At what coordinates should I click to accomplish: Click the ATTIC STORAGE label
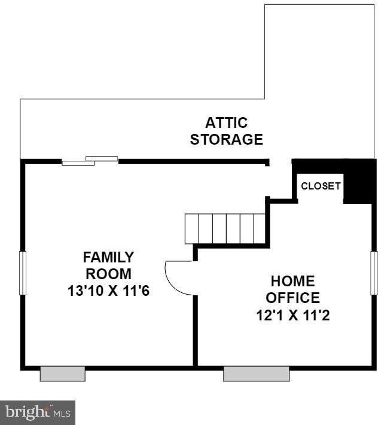tap(226, 132)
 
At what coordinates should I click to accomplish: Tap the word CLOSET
tap(321, 186)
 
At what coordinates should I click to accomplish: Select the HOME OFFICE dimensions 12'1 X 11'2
tap(293, 314)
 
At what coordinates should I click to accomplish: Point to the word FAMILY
tap(108, 258)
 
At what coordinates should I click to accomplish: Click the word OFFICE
tap(293, 298)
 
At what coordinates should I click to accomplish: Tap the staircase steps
tap(224, 228)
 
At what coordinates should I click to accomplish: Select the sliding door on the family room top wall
tap(90, 160)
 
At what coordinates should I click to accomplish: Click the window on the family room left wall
tap(23, 273)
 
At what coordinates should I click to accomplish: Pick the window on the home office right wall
tap(374, 273)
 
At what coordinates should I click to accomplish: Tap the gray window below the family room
tap(62, 374)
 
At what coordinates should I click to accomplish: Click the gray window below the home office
tap(256, 374)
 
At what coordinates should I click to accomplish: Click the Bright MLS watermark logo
tap(38, 412)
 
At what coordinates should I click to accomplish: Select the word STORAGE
tap(226, 140)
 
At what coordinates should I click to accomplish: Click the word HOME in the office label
tap(293, 281)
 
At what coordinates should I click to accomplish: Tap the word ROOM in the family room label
tap(108, 274)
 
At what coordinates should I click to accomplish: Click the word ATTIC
tap(226, 123)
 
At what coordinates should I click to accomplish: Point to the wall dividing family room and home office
tap(195, 329)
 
